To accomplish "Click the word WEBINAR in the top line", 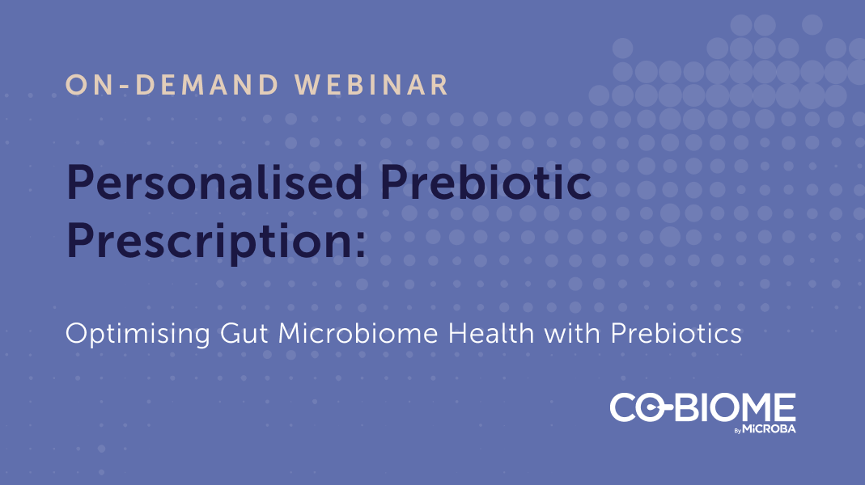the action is point(371,85).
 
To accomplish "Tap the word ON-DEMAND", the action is point(172,85).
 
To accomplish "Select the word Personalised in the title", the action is point(214,183).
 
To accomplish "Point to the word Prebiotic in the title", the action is point(486,181).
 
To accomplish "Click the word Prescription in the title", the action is point(209,242).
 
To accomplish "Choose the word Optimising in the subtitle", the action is point(138,334).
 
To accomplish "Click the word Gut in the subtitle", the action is point(244,333).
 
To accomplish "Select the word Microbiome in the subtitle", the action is point(358,333).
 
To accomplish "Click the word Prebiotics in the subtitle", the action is point(676,333).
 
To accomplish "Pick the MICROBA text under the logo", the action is point(769,428).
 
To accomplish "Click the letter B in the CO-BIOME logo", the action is point(688,408).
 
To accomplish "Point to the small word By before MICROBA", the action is point(738,430).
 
